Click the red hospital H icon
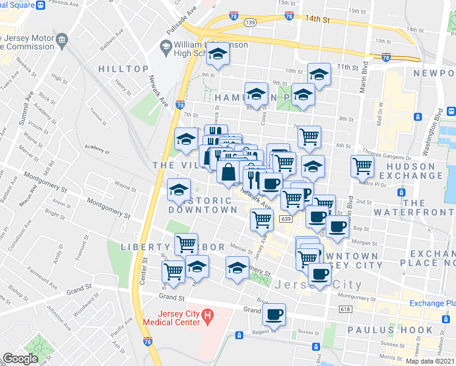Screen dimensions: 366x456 [x=208, y=317]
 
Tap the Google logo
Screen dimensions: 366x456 [x=20, y=359]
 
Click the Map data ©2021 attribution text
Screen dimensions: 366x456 [x=429, y=361]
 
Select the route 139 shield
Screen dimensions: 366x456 [x=249, y=22]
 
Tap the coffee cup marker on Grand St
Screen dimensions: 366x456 [x=274, y=315]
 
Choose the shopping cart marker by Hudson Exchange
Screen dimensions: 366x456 [x=362, y=165]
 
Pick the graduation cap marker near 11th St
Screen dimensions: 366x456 [x=319, y=74]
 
